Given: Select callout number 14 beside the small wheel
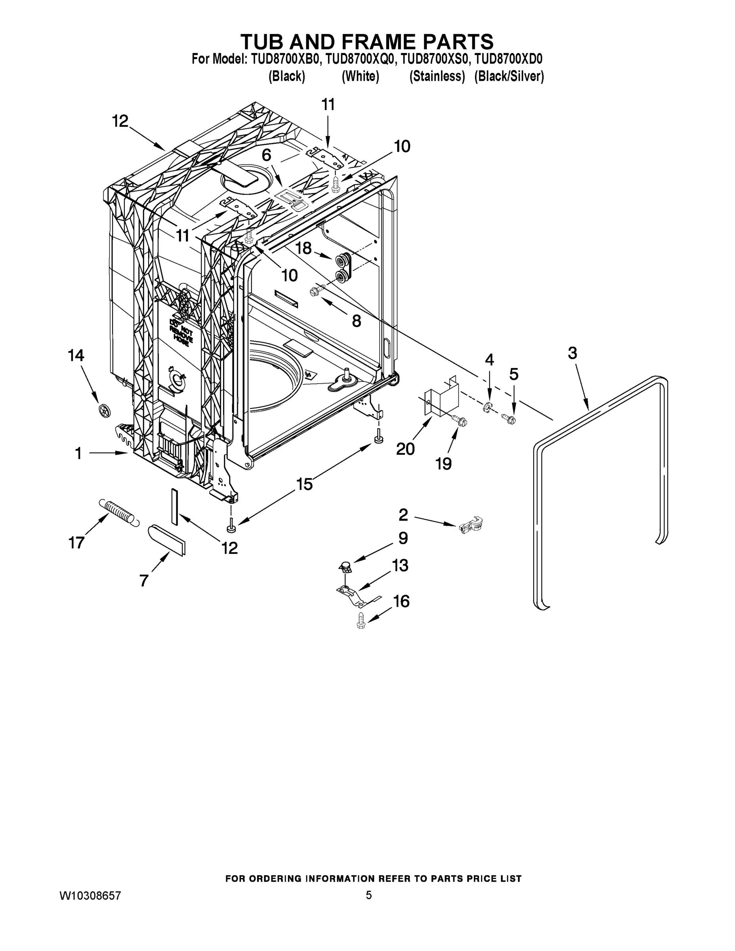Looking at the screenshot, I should coord(76,355).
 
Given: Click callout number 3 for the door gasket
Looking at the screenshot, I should coord(572,353).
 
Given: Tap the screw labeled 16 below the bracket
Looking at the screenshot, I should coord(361,620).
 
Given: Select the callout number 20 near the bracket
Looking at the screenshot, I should coord(405,449).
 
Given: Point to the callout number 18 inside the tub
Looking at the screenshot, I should coord(304,248).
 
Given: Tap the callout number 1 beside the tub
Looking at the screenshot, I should coord(78,454).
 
